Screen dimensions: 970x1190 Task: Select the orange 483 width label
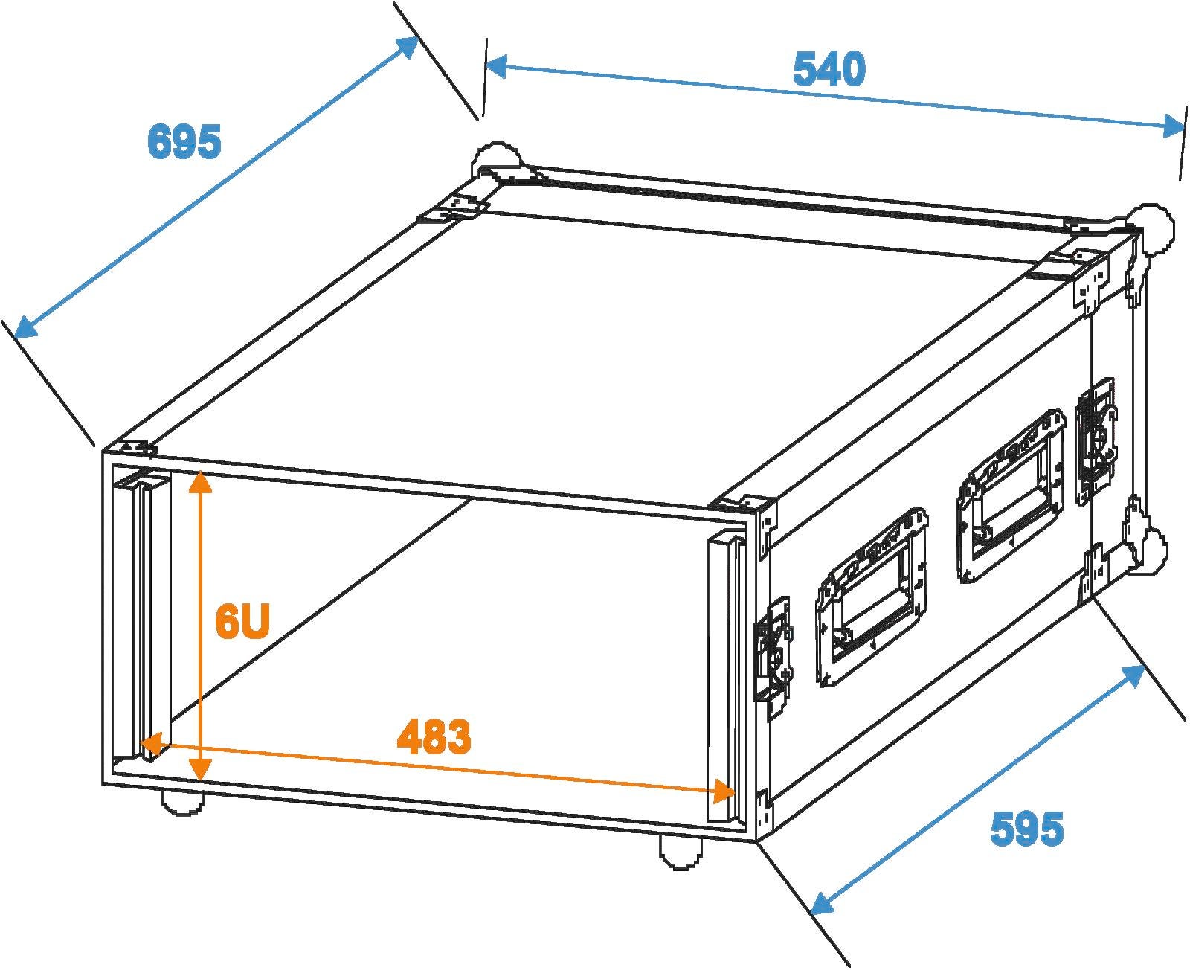[x=434, y=737]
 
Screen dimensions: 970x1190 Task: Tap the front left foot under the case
[x=182, y=803]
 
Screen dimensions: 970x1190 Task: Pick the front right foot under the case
[x=681, y=852]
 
